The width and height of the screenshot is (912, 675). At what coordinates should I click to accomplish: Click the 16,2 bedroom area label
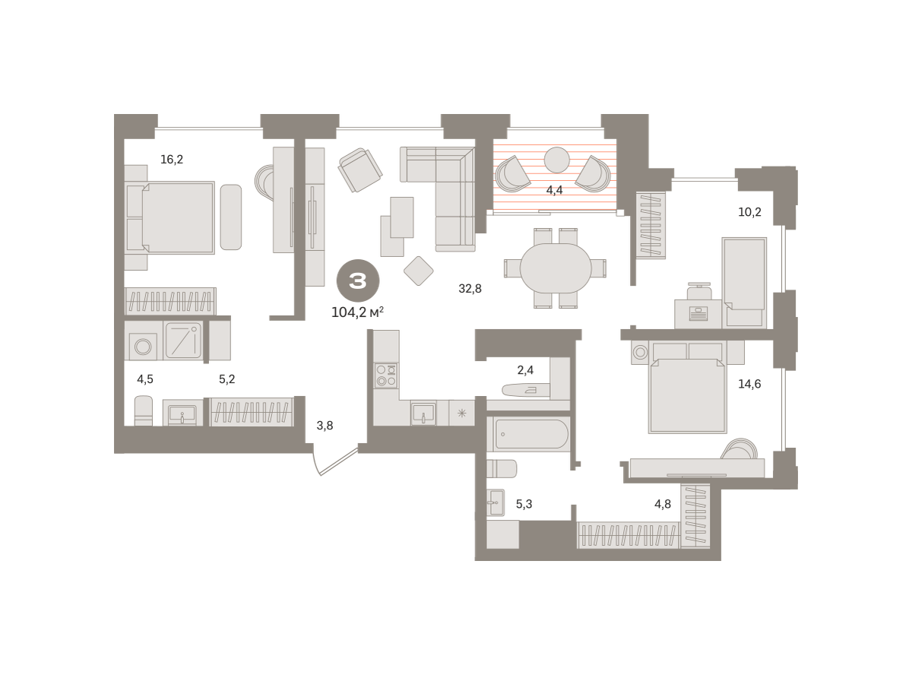(x=172, y=159)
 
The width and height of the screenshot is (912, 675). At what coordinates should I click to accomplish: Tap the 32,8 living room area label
(x=470, y=289)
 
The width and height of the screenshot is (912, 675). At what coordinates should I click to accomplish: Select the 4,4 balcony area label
(x=554, y=190)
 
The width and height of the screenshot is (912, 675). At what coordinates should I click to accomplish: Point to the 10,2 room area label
(x=749, y=212)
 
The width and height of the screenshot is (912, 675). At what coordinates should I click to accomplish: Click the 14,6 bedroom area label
(x=749, y=384)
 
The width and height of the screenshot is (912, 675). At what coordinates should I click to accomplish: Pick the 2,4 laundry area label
(x=525, y=370)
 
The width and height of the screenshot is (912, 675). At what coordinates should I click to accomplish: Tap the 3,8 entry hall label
(x=325, y=426)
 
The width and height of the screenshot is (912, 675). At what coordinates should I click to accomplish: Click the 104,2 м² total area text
(x=357, y=312)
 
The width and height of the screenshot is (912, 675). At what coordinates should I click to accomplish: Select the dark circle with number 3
(x=358, y=281)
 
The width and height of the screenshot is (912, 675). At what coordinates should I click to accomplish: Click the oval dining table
(x=556, y=268)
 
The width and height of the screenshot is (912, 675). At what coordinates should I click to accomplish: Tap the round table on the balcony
(x=557, y=160)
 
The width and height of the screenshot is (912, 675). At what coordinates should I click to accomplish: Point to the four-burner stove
(x=386, y=376)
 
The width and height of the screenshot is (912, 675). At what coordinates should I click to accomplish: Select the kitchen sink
(x=423, y=413)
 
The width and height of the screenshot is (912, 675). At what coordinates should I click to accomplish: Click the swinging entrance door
(x=335, y=461)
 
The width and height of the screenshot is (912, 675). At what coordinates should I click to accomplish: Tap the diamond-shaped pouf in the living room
(x=419, y=271)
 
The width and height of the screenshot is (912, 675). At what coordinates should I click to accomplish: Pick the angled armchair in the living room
(x=360, y=170)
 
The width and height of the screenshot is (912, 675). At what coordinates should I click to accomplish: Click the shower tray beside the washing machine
(x=183, y=341)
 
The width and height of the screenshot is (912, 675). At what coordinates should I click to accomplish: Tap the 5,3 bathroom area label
(x=524, y=504)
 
